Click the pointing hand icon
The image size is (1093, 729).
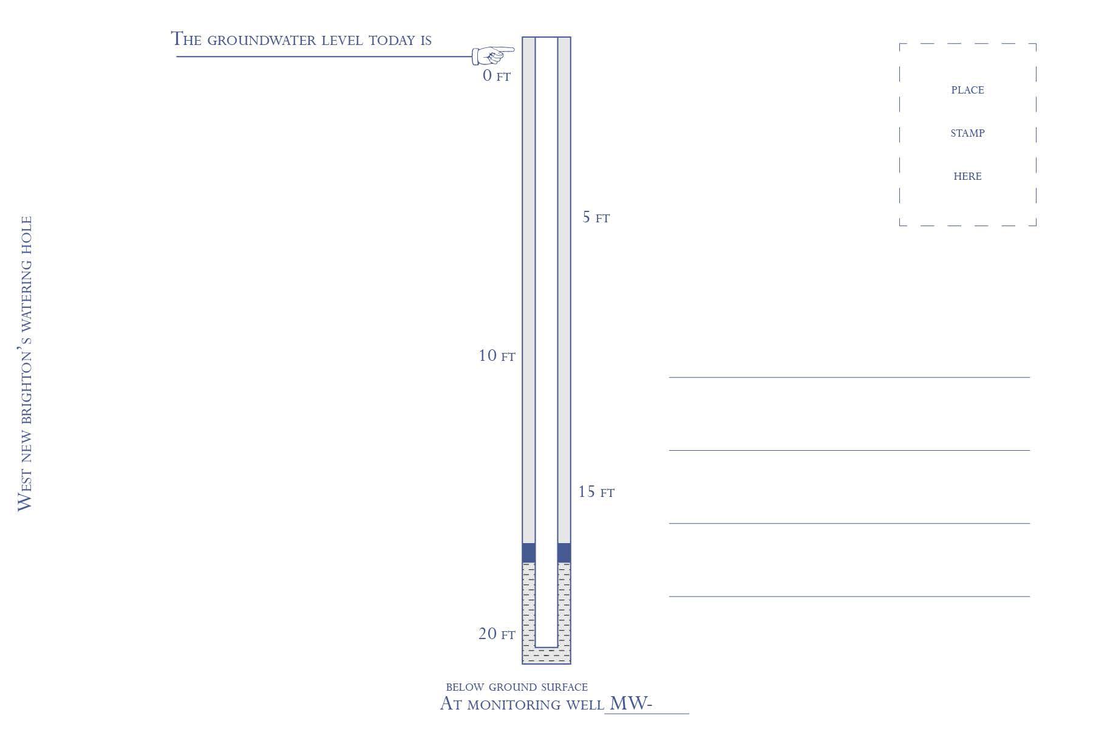pyautogui.click(x=493, y=55)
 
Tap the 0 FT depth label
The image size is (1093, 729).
pyautogui.click(x=497, y=75)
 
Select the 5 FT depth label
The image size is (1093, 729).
pyautogui.click(x=596, y=217)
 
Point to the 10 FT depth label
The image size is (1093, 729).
pyautogui.click(x=497, y=355)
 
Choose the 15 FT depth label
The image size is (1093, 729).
pyautogui.click(x=596, y=491)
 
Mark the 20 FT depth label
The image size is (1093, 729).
pyautogui.click(x=497, y=634)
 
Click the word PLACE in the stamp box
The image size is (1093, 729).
pyautogui.click(x=967, y=90)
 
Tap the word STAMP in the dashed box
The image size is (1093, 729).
pyautogui.click(x=967, y=133)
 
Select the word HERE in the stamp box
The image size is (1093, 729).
pyautogui.click(x=967, y=176)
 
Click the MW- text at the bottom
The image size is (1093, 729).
pyautogui.click(x=630, y=703)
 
